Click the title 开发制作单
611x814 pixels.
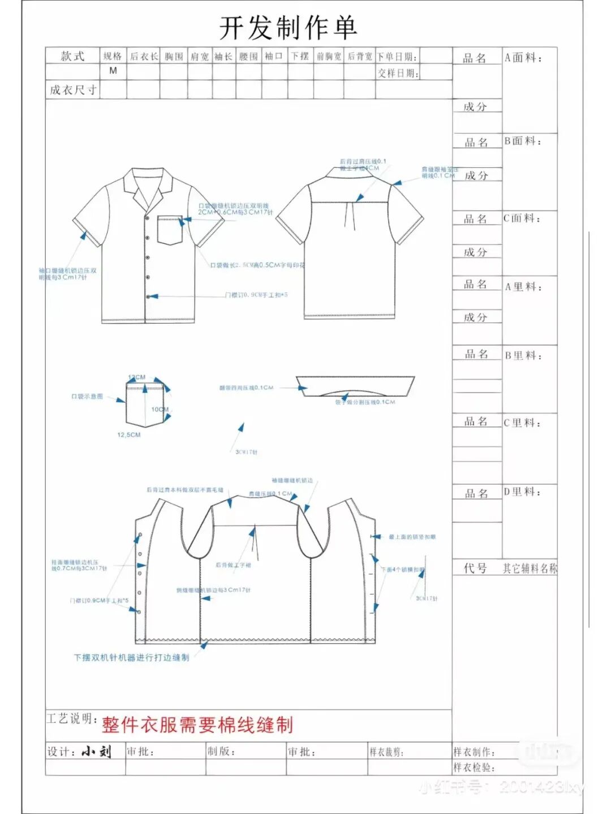click(x=288, y=28)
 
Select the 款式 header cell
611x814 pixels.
click(x=72, y=56)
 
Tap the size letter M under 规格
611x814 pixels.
click(x=113, y=71)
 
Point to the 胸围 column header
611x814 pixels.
click(x=174, y=57)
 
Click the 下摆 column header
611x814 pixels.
click(x=300, y=56)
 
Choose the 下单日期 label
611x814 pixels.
click(x=397, y=57)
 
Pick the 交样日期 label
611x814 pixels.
click(x=398, y=73)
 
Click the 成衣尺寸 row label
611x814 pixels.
click(x=73, y=90)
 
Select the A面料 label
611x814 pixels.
click(x=523, y=58)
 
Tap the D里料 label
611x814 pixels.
click(x=523, y=492)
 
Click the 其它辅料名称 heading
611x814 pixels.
click(x=530, y=568)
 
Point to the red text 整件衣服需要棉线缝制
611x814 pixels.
click(x=197, y=725)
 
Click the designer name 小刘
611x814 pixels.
click(x=96, y=751)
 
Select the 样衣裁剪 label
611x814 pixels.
click(x=386, y=752)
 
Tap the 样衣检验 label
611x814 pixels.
click(x=474, y=768)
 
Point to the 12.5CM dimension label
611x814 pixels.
click(x=129, y=435)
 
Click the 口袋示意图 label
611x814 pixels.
click(x=87, y=397)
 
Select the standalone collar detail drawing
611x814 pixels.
click(x=355, y=386)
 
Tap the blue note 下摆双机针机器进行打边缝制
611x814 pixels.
click(x=131, y=658)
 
